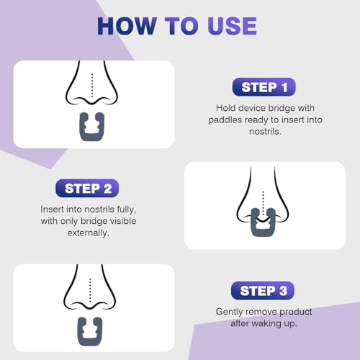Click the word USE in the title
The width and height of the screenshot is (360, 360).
pyautogui.click(x=229, y=26)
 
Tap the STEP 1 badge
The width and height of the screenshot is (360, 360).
pyautogui.click(x=264, y=88)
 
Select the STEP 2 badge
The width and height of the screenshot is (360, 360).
pyautogui.click(x=87, y=189)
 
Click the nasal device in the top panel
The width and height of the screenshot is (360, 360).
pyautogui.click(x=92, y=127)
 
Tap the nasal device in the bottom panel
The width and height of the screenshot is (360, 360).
pyautogui.click(x=92, y=330)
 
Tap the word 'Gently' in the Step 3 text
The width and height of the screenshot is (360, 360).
pyautogui.click(x=233, y=312)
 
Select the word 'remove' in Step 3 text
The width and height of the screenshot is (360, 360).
pyautogui.click(x=268, y=312)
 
